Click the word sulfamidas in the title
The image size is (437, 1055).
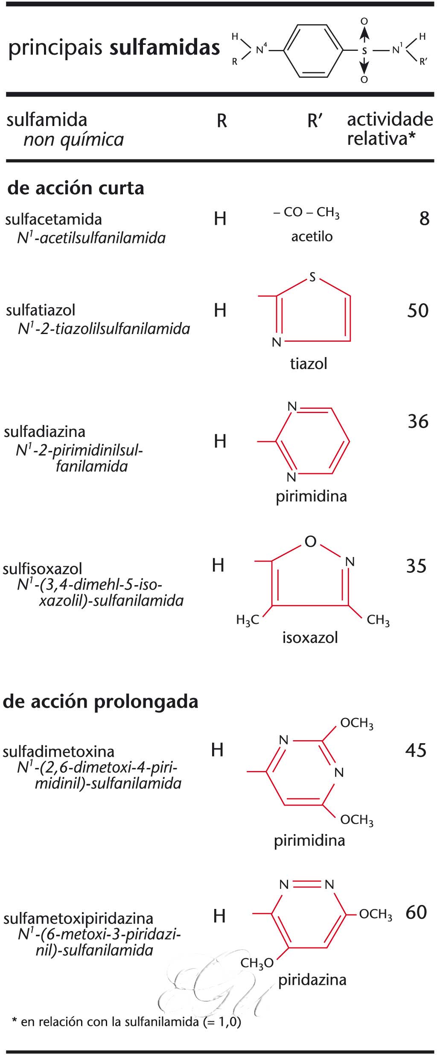165,48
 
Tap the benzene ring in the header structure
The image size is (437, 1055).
313,51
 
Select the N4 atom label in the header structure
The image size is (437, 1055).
261,50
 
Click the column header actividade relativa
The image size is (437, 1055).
390,129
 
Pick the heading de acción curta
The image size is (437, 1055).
76,188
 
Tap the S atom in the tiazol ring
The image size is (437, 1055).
312,278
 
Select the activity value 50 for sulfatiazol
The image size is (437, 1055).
417,311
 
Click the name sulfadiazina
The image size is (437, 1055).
45,431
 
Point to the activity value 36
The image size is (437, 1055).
418,421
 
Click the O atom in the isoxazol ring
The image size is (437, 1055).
310,542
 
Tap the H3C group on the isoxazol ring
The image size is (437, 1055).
248,620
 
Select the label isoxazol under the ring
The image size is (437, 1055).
310,638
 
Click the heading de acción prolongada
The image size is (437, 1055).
101,702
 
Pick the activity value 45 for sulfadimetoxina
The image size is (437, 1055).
416,750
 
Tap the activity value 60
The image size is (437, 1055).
416,912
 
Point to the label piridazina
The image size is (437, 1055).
312,979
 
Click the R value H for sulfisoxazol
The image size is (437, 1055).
218,565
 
